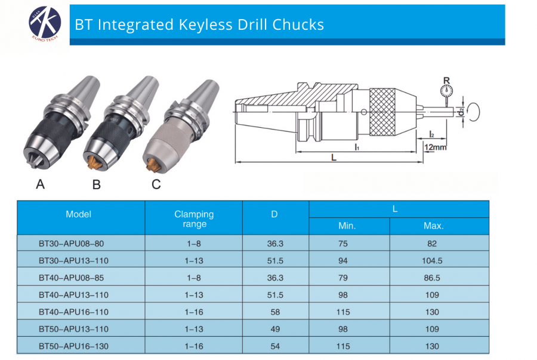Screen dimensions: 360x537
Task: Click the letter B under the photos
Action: pos(96,184)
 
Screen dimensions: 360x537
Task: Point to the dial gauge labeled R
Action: pos(445,91)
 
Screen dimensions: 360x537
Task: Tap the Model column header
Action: pos(79,214)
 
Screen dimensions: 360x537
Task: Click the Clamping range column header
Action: pos(194,219)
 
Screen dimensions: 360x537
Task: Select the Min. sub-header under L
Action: pos(347,226)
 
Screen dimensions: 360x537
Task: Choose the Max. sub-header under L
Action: pos(434,226)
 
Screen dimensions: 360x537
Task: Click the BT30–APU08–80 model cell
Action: pos(66,244)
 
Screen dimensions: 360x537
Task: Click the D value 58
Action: pos(275,312)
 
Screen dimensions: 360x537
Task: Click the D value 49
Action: pos(275,329)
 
